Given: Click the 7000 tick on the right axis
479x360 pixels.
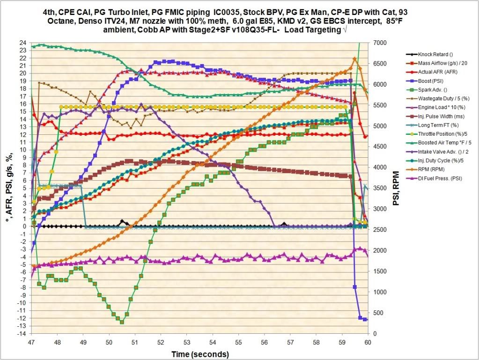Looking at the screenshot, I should point(377,43).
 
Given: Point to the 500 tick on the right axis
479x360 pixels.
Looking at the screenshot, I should point(375,313).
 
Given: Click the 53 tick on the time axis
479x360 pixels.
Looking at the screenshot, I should point(186,342).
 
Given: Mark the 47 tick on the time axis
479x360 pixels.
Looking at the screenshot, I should point(31,342).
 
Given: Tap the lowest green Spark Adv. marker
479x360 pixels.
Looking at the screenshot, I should point(122,322).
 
